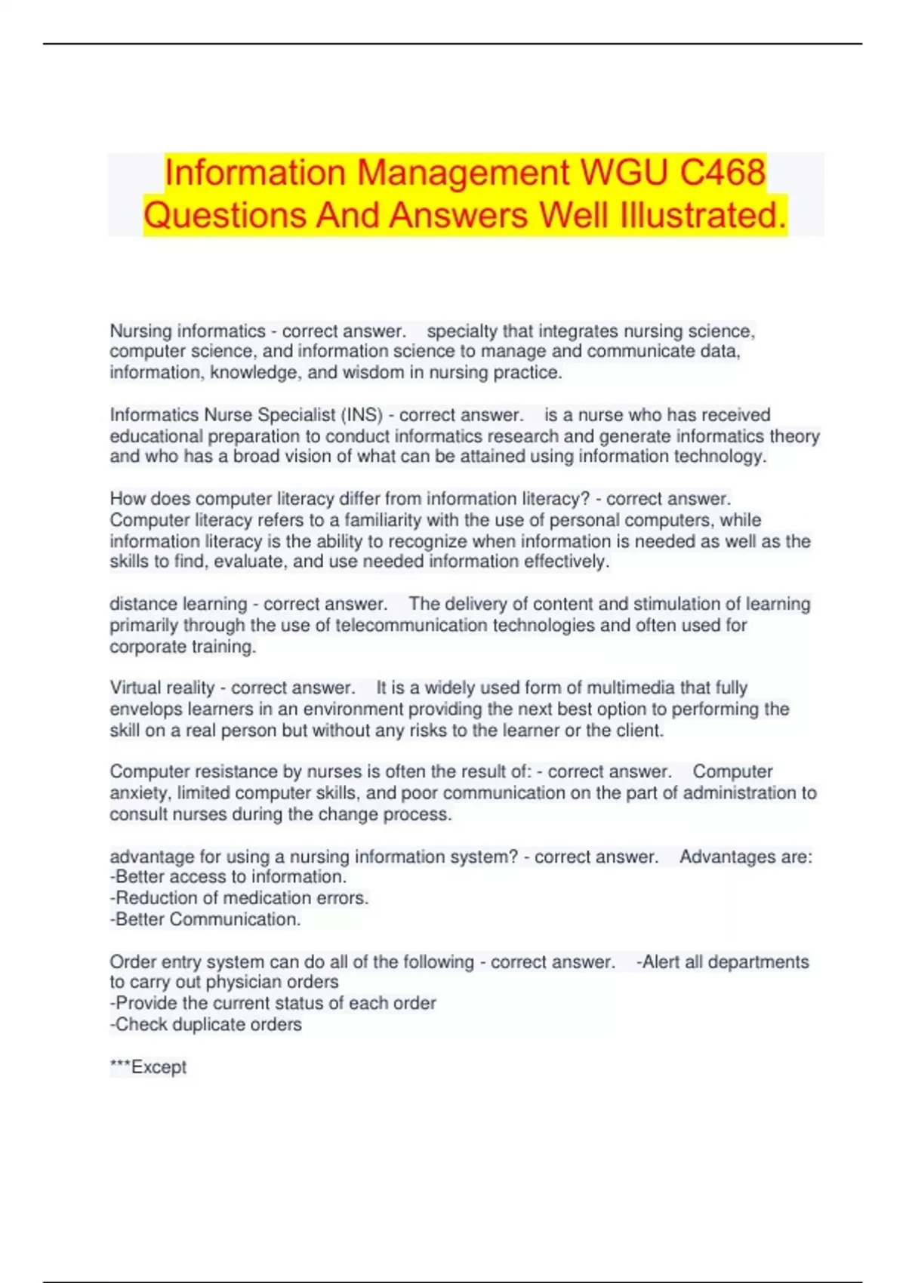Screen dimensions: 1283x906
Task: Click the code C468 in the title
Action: (723, 172)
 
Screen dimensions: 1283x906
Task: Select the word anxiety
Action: (139, 793)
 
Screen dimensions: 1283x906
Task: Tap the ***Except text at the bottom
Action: (148, 1067)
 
